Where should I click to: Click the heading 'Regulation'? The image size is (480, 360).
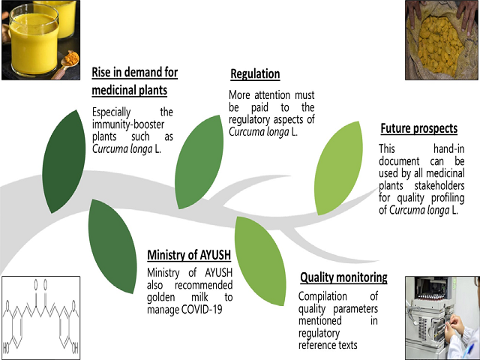click(255, 74)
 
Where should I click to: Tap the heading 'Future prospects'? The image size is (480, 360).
click(419, 128)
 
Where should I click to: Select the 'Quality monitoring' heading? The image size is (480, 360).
click(343, 277)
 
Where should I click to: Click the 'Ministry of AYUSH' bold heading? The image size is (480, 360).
click(189, 255)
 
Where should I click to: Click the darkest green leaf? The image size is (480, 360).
click(64, 162)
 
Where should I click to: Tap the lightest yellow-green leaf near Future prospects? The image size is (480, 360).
click(338, 168)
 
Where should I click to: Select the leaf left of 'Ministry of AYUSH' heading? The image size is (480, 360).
click(112, 247)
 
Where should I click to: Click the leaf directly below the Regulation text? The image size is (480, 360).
click(199, 162)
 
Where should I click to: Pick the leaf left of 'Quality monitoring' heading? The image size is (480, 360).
click(260, 261)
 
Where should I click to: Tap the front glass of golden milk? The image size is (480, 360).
click(33, 40)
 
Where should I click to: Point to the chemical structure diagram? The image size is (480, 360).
click(40, 318)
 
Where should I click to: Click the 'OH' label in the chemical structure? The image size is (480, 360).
click(75, 348)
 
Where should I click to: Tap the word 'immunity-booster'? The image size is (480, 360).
click(128, 124)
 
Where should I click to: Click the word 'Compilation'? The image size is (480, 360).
click(322, 296)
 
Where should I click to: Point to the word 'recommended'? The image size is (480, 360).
click(203, 285)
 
